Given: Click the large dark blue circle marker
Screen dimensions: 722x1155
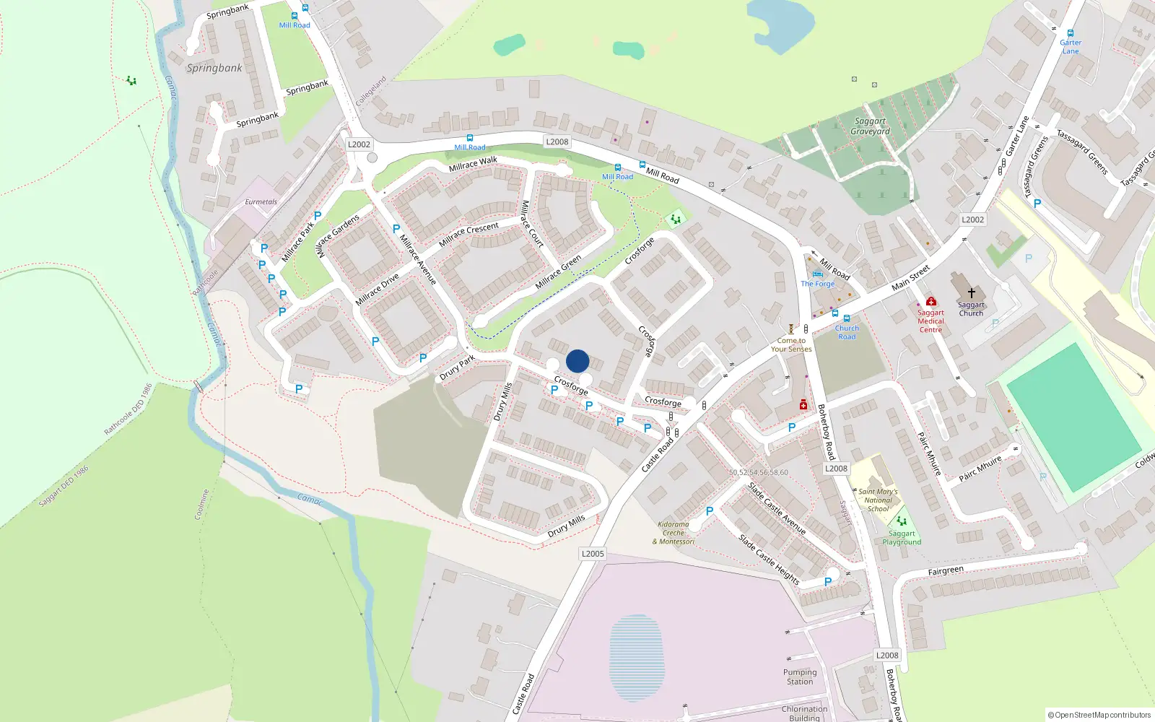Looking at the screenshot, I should tap(577, 361).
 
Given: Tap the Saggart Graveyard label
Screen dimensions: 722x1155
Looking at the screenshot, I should tap(870, 126).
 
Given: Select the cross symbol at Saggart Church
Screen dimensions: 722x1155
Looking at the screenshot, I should tap(972, 292).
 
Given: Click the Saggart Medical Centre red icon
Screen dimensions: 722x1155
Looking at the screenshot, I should tap(931, 301).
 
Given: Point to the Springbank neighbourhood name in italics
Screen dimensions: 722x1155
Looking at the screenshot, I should tap(214, 68).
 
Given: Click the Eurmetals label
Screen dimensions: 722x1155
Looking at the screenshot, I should tap(261, 202).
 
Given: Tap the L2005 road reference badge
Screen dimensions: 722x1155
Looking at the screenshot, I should tap(593, 554).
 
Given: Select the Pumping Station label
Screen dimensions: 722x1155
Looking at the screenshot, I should tap(800, 677).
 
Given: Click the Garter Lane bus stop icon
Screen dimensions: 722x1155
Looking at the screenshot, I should tap(1071, 33).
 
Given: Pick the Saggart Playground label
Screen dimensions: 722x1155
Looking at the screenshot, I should tap(902, 538).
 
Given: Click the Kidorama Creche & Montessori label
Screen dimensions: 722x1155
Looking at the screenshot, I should tap(674, 533).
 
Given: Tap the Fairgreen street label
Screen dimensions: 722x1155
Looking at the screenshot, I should tap(946, 571).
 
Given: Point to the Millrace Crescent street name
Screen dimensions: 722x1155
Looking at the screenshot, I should tap(468, 234).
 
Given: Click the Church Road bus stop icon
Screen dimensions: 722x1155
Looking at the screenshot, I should tap(847, 318).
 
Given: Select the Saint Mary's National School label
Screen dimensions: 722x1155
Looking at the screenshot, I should tap(878, 500).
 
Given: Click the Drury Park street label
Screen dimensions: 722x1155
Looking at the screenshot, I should tap(457, 367).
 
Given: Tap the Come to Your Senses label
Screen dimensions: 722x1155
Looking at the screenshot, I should tap(791, 344).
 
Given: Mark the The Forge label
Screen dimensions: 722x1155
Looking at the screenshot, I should tap(817, 284).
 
